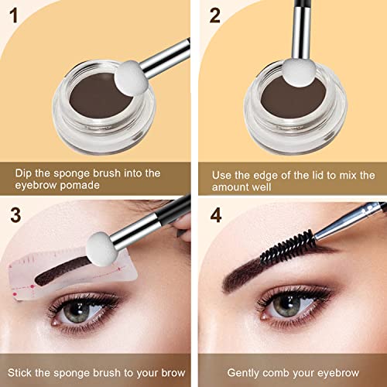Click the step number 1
[12, 15]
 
